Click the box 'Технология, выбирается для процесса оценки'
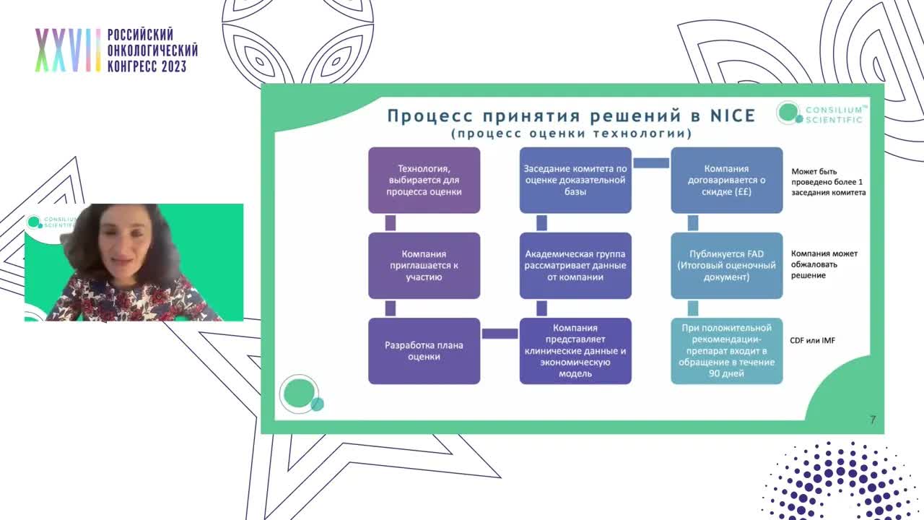(424, 180)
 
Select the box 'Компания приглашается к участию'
(424, 265)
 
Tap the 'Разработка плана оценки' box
(424, 350)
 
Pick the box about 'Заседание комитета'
(575, 180)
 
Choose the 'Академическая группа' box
(575, 265)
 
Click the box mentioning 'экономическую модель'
(575, 350)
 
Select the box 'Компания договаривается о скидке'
(726, 180)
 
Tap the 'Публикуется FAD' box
(726, 265)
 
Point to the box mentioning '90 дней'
(726, 350)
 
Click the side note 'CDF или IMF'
(812, 340)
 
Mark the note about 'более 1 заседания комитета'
(828, 182)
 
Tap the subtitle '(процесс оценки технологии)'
(571, 134)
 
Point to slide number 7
(873, 420)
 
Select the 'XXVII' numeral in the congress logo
(68, 51)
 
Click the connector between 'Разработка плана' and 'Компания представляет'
(500, 334)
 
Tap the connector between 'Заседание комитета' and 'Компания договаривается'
(651, 163)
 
